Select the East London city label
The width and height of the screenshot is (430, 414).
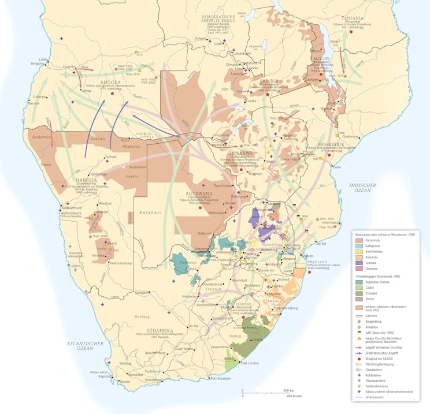[250, 363]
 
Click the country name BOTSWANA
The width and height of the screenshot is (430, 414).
[199, 193]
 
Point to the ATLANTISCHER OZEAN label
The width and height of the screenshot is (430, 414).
[84, 346]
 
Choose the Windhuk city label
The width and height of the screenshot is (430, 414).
[105, 203]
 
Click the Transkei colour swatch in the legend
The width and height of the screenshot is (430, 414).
[358, 293]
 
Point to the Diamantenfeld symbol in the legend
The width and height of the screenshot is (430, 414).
[358, 381]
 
